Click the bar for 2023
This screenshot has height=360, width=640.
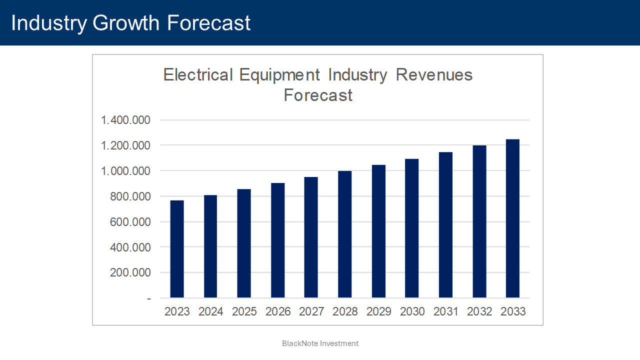[177, 249]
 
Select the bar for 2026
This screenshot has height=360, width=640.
[277, 240]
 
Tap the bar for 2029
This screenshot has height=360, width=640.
[378, 231]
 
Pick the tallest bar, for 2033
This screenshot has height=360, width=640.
[512, 218]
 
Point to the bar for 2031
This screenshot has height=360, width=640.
[445, 225]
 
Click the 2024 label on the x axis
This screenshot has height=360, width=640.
[210, 311]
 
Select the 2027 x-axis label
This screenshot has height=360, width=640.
[311, 311]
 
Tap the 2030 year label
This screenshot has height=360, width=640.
[412, 311]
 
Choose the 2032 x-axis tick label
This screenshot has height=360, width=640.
[479, 311]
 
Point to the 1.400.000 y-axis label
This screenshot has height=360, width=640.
[125, 120]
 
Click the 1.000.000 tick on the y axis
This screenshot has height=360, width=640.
[125, 171]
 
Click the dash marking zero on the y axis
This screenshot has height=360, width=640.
[148, 298]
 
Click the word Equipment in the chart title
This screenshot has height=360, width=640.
[279, 75]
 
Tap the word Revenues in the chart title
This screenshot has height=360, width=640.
[434, 75]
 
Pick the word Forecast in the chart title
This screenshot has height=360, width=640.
[318, 95]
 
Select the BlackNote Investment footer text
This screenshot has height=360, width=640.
[320, 343]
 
